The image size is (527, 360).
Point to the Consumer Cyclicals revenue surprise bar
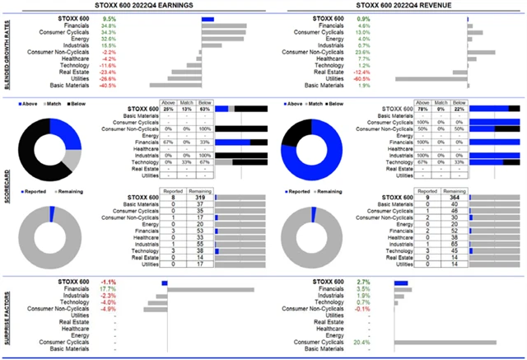(445, 342)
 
